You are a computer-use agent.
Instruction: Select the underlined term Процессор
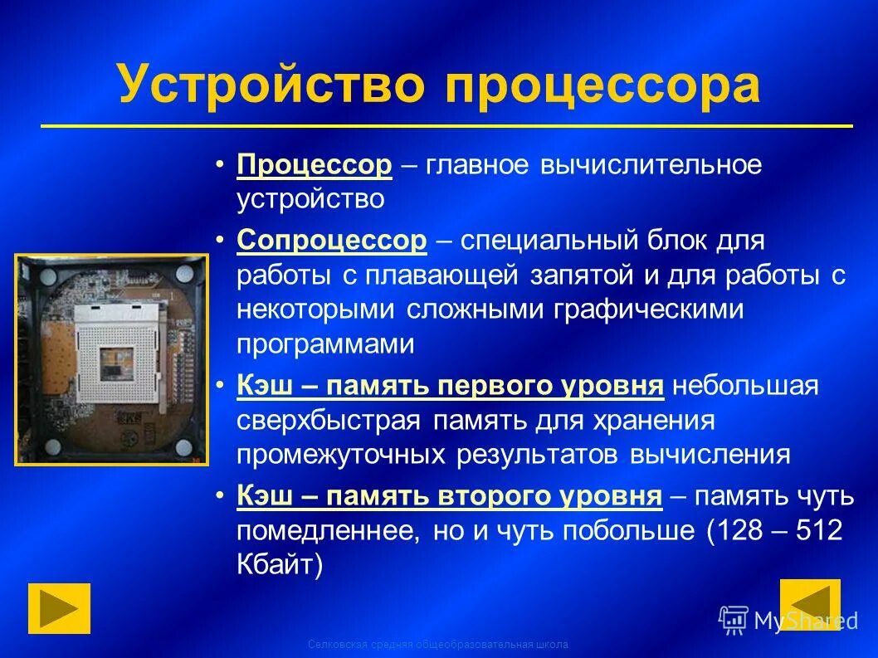315,165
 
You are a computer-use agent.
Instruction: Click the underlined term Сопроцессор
332,241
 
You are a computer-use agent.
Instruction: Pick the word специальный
544,241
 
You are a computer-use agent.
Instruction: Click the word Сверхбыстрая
330,420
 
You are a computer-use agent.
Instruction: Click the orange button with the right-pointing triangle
59,608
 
